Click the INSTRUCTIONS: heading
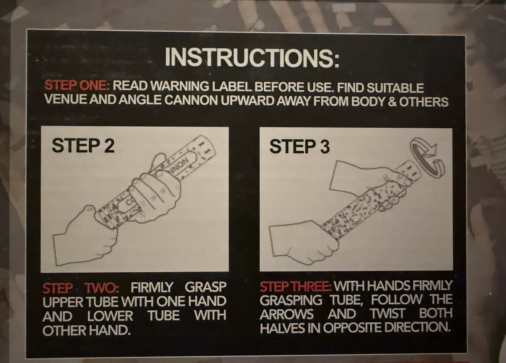click(x=252, y=57)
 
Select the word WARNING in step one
click(x=179, y=86)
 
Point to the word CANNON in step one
click(x=191, y=100)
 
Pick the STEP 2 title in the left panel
click(x=83, y=146)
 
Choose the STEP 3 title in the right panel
click(x=299, y=146)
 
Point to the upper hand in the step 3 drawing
click(x=368, y=179)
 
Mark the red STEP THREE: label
click(x=296, y=287)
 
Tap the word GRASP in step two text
click(x=205, y=287)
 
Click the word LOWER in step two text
click(x=110, y=316)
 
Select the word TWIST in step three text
click(x=388, y=314)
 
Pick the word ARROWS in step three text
click(x=287, y=314)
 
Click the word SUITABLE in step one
click(x=395, y=88)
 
